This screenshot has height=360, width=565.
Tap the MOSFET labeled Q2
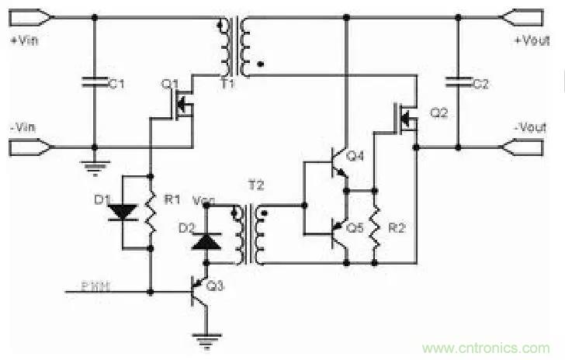[x=407, y=118]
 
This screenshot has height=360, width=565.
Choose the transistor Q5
[x=338, y=230]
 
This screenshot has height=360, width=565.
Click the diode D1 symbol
[x=123, y=212]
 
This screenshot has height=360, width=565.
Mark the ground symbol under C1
[x=94, y=164]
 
